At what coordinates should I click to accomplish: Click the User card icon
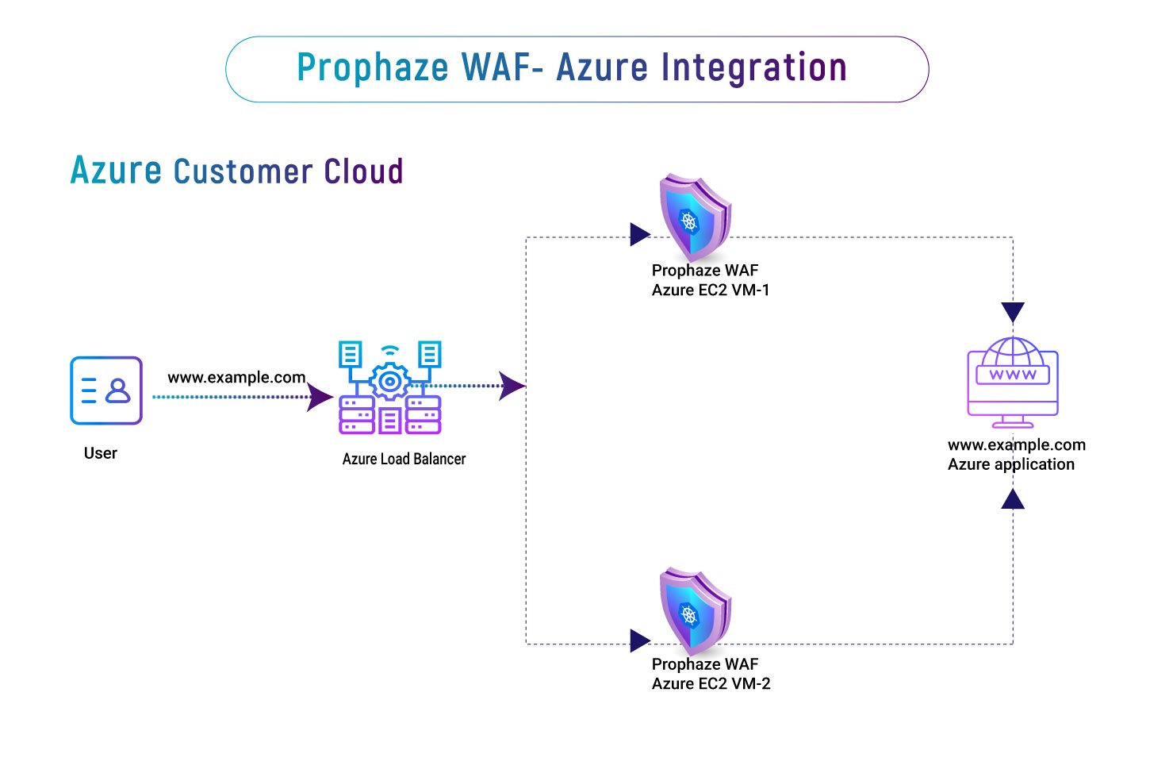pyautogui.click(x=106, y=390)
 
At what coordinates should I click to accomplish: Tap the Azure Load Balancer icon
pyautogui.click(x=389, y=388)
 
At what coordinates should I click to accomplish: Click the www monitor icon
pyautogui.click(x=1013, y=382)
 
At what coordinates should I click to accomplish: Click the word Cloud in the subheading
pyautogui.click(x=364, y=171)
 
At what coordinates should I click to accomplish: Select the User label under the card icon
pyautogui.click(x=101, y=453)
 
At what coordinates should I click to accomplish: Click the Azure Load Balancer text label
pyautogui.click(x=404, y=459)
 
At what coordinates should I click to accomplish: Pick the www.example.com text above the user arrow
pyautogui.click(x=236, y=377)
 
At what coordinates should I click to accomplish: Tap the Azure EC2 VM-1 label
pyautogui.click(x=711, y=290)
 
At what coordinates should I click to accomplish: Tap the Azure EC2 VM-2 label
pyautogui.click(x=711, y=683)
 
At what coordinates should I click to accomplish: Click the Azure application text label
pyautogui.click(x=1011, y=464)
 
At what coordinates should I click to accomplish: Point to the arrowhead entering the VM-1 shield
pyautogui.click(x=639, y=234)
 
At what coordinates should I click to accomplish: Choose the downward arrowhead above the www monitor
pyautogui.click(x=1013, y=311)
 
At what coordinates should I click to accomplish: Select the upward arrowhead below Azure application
pyautogui.click(x=1013, y=499)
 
